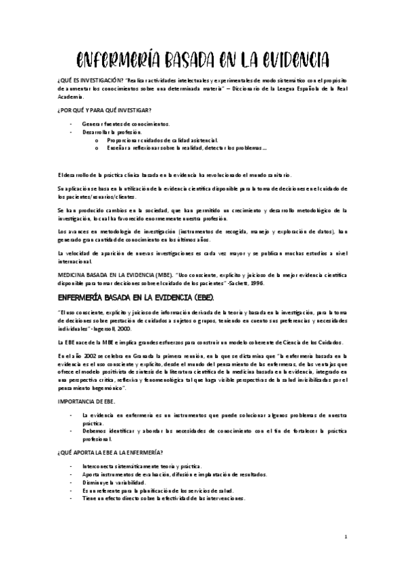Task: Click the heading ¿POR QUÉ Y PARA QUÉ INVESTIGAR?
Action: click(105, 109)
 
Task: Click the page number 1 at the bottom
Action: click(346, 537)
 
